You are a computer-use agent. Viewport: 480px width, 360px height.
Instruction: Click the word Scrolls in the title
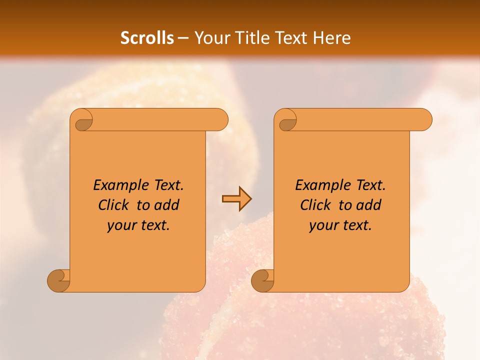(147, 38)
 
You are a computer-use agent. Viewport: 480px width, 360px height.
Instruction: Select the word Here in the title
(332, 38)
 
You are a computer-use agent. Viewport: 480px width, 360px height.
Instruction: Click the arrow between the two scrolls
(236, 199)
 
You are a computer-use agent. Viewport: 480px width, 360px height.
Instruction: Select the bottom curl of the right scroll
(263, 280)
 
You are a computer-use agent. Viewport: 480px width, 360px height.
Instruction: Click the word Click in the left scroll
(112, 205)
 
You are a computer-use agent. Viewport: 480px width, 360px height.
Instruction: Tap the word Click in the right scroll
(314, 205)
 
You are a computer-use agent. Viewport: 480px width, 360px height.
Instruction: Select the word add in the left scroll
(167, 205)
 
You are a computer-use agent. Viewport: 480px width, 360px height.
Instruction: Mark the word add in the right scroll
(369, 205)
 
